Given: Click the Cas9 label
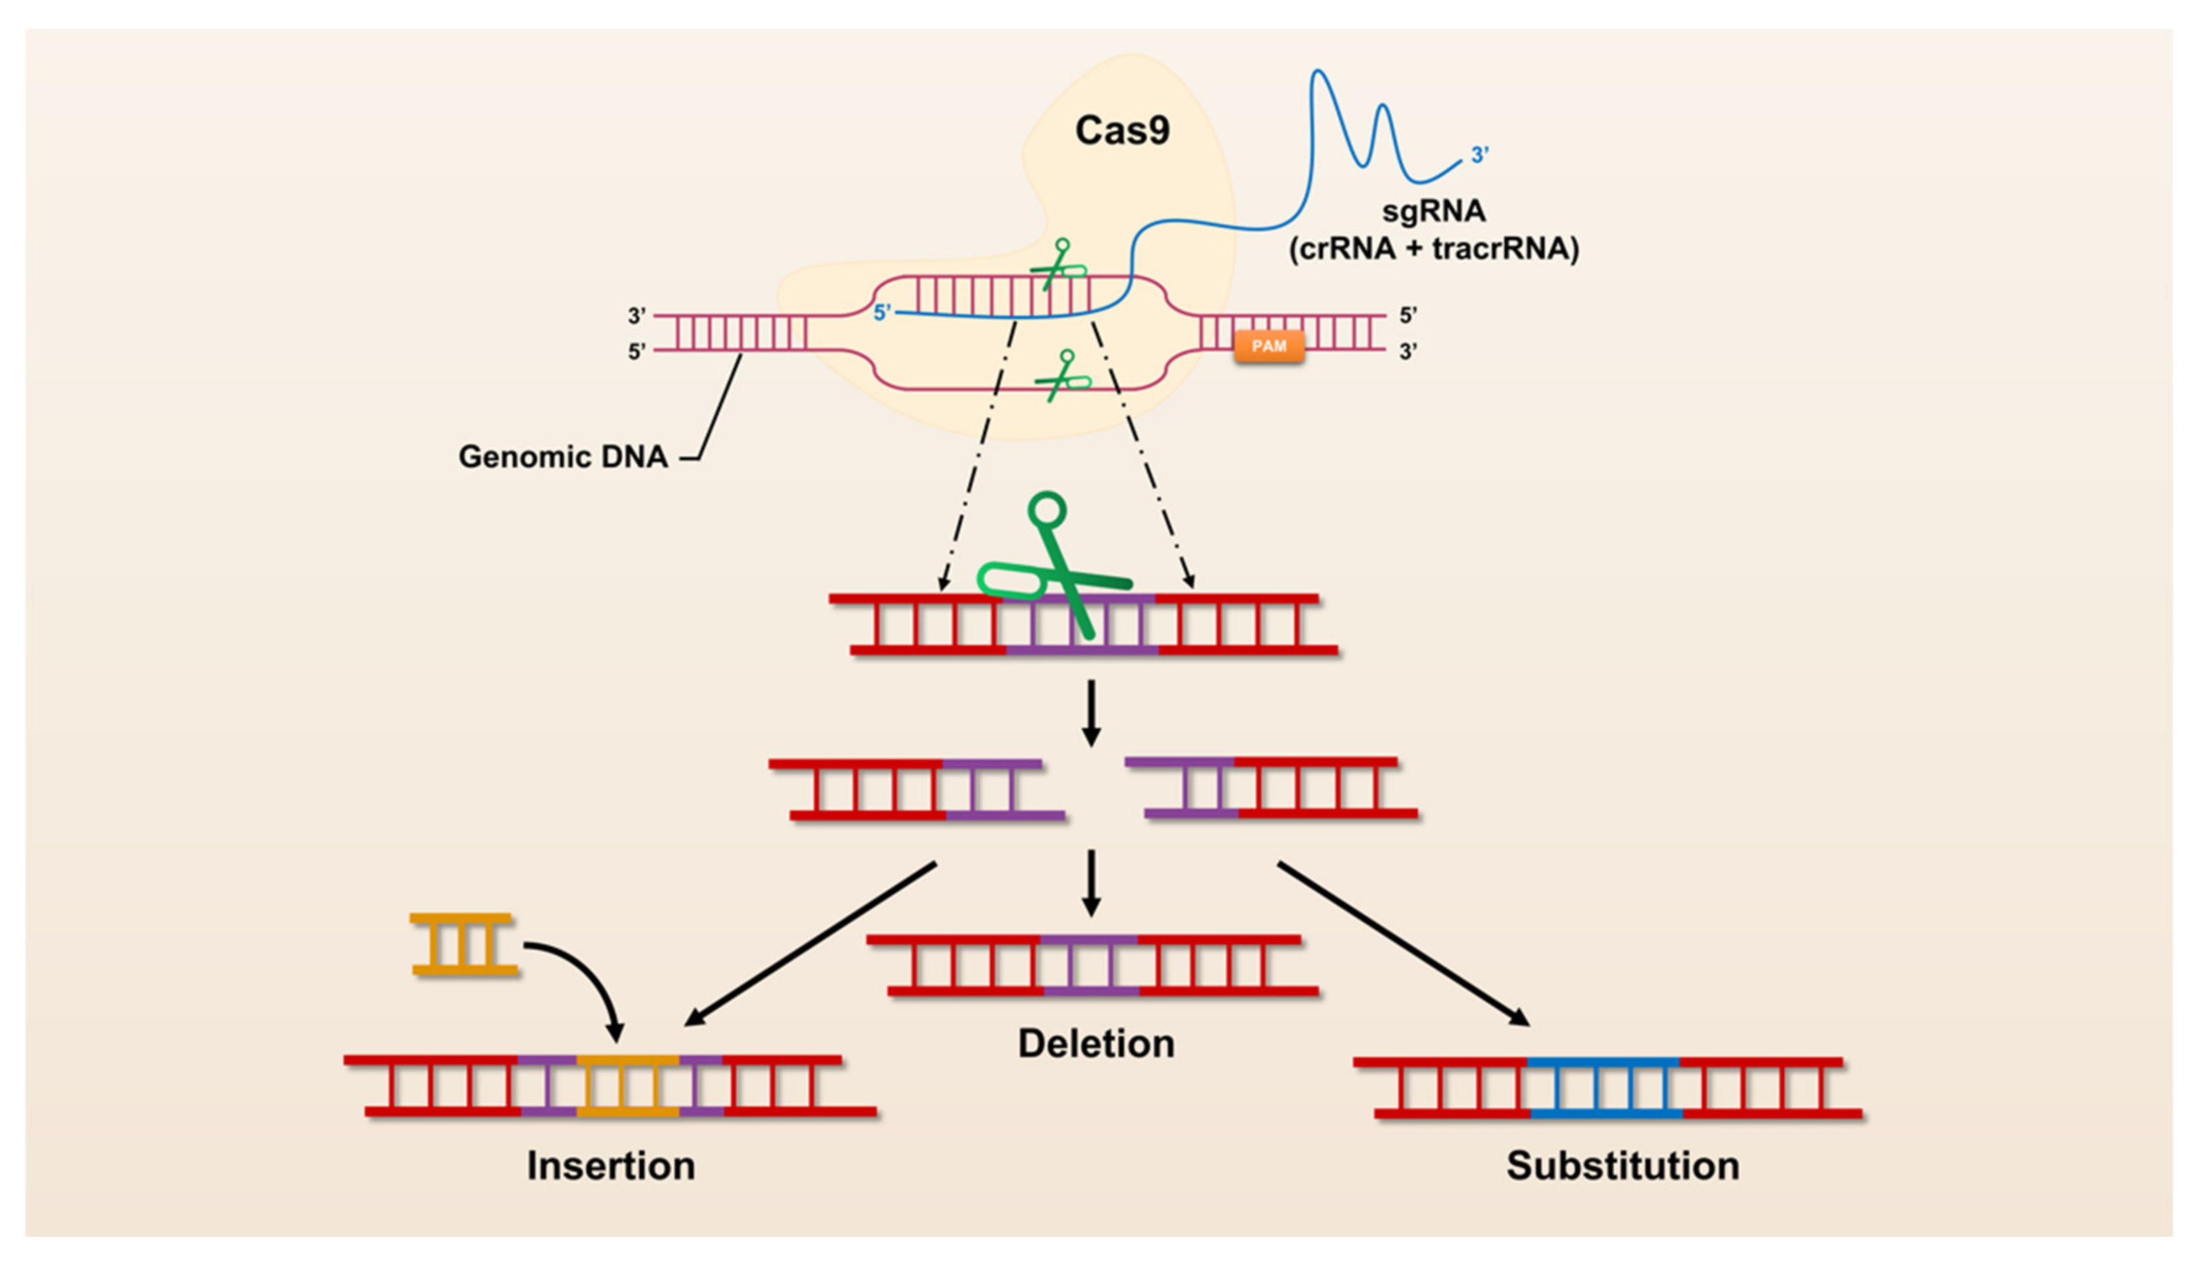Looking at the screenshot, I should [x=1121, y=131].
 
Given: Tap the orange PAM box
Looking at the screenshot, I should [x=1269, y=347].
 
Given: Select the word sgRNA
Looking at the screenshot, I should [x=1433, y=211].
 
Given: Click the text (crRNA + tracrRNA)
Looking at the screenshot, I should [x=1433, y=249].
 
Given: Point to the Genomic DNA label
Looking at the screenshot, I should [x=563, y=457].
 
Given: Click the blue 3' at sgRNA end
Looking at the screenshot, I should [x=1479, y=156].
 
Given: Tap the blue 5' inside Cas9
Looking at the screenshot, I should [x=882, y=312].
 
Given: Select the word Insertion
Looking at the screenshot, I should [x=611, y=1166].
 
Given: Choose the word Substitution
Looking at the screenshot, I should [x=1623, y=1166].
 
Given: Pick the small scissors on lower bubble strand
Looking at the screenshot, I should [x=1062, y=376].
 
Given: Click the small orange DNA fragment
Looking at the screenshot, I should [x=463, y=945].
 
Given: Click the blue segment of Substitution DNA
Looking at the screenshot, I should [x=1604, y=1088].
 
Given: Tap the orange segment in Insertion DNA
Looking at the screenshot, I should [x=628, y=1086].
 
